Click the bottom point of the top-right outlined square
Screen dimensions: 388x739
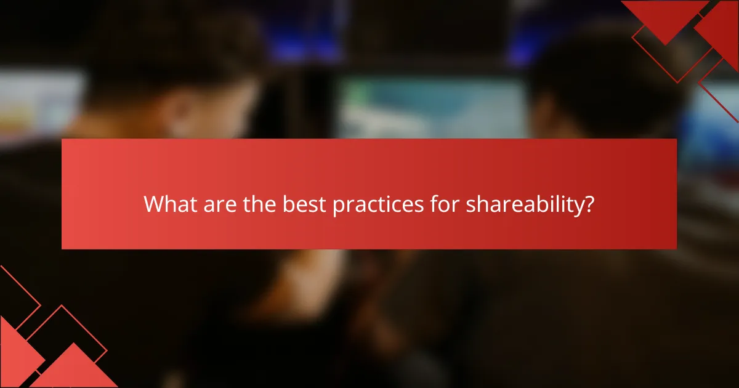click(677, 83)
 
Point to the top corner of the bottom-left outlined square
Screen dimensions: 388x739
click(62, 306)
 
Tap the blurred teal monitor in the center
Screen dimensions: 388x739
click(431, 108)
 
